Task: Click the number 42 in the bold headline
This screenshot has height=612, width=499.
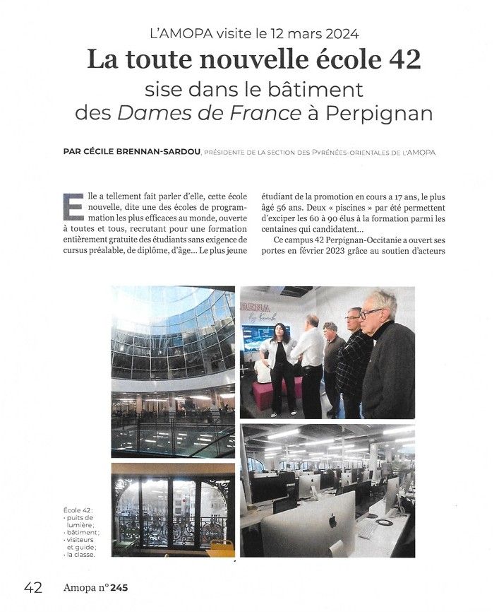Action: [404, 60]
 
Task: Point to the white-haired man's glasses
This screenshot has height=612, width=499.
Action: [372, 312]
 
